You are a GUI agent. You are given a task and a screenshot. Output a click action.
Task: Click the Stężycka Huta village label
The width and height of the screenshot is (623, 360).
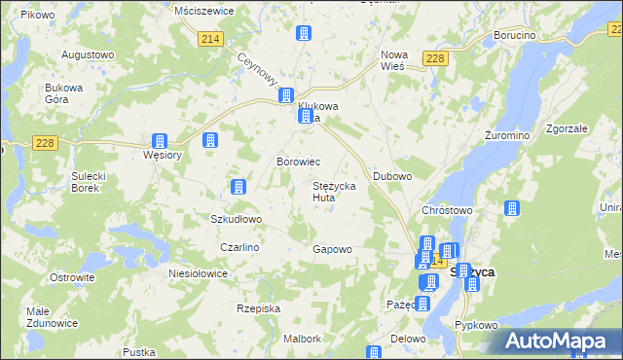tap(338, 191)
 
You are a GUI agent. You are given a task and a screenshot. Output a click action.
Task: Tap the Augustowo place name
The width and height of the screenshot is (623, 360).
tap(88, 54)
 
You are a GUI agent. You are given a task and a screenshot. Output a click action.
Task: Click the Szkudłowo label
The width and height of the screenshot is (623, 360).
tap(237, 219)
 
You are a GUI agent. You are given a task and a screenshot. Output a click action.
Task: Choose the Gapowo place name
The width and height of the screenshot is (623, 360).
tap(332, 249)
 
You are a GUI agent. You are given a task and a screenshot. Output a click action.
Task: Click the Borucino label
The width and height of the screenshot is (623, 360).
tap(515, 35)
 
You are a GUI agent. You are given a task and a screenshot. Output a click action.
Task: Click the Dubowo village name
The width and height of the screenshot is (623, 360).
tap(393, 176)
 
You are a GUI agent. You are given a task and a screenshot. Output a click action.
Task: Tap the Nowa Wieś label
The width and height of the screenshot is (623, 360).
tap(394, 60)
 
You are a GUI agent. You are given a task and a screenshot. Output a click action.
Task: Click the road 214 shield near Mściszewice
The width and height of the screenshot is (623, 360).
tap(210, 38)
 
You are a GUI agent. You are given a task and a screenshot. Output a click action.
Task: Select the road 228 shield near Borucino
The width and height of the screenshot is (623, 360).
tap(435, 60)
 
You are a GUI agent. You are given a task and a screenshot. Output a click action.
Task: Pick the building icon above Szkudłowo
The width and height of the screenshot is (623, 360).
tap(237, 186)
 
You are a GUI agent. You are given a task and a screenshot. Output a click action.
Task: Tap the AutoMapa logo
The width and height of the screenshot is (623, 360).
tap(562, 341)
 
